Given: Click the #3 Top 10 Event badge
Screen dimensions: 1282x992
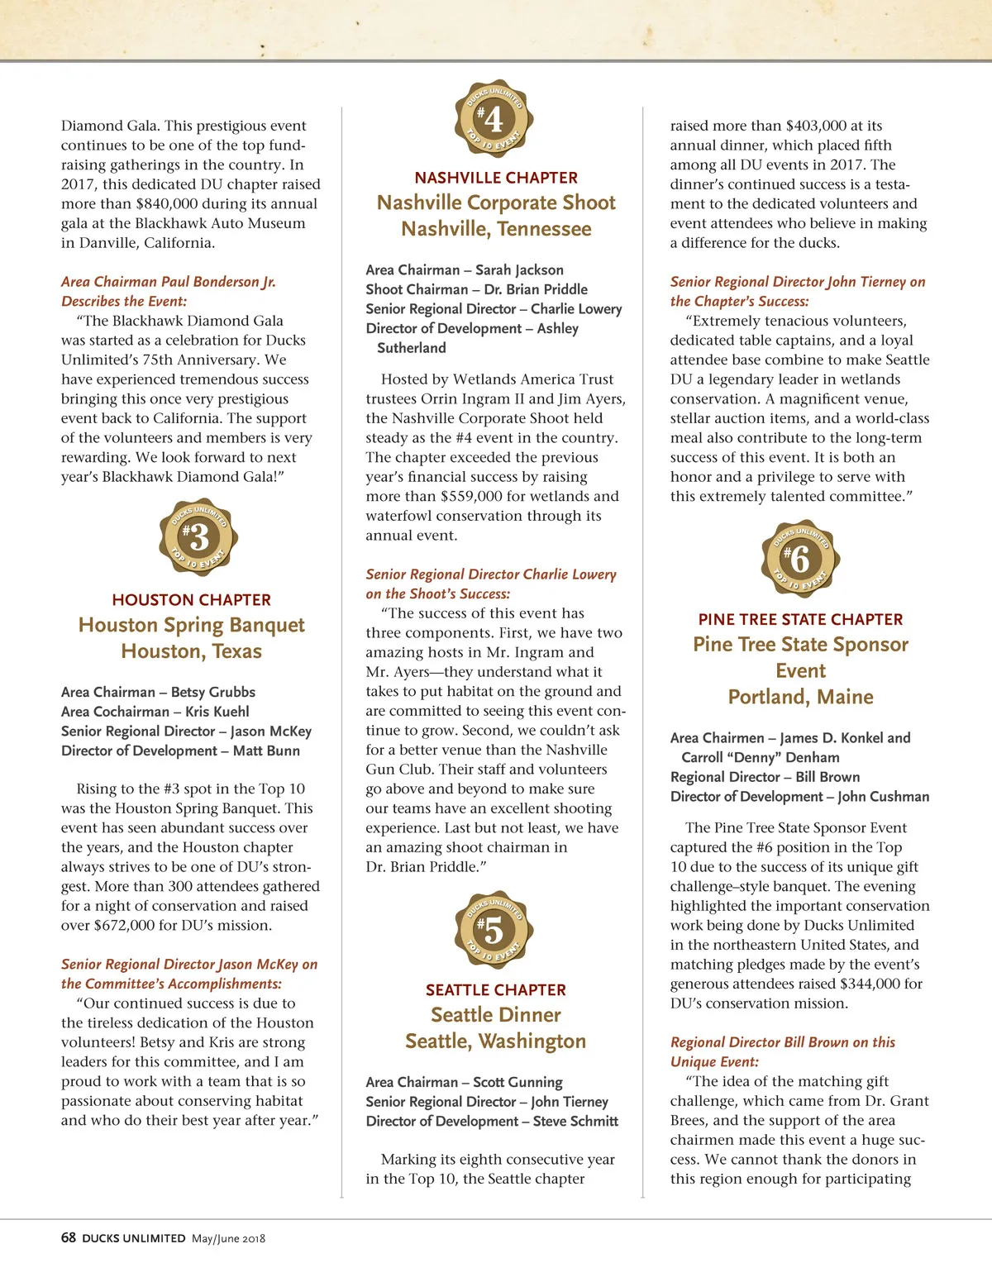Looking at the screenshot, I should pyautogui.click(x=198, y=538).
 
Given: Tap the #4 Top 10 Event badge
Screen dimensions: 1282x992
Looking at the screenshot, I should pyautogui.click(x=494, y=120).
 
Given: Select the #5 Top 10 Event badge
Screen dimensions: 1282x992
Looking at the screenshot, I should pyautogui.click(x=494, y=931).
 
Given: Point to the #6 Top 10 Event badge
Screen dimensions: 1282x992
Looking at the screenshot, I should pyautogui.click(x=799, y=560).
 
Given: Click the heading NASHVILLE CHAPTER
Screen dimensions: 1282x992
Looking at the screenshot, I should pyautogui.click(x=496, y=178).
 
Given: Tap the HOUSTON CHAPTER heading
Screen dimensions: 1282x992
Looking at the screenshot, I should pyautogui.click(x=192, y=600).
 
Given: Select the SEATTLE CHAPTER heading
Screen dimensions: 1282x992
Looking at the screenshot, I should pyautogui.click(x=496, y=990).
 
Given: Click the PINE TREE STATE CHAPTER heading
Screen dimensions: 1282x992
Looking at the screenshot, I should pyautogui.click(x=800, y=619).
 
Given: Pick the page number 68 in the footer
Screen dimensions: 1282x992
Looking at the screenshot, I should pyautogui.click(x=69, y=1237).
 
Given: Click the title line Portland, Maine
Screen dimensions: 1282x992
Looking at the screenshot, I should pyautogui.click(x=800, y=697).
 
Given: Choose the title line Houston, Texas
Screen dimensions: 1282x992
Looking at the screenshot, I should pyautogui.click(x=192, y=651).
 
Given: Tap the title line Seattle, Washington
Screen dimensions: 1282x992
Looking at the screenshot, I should pyautogui.click(x=496, y=1041).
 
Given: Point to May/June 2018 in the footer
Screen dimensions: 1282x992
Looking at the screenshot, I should pyautogui.click(x=229, y=1238).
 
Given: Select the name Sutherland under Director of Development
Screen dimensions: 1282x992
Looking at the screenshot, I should pyautogui.click(x=412, y=348).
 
